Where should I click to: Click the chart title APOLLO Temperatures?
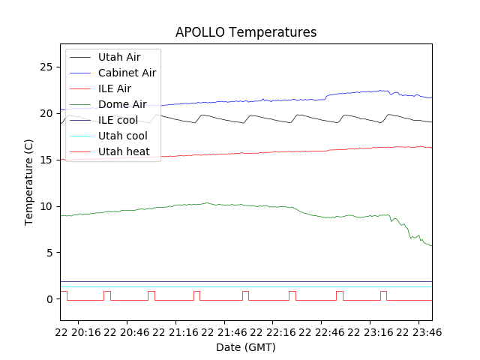pos(246,32)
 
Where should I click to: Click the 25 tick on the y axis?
pos(46,67)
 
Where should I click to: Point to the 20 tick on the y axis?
pos(46,113)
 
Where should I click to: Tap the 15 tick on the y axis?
pos(46,160)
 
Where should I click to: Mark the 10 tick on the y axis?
pos(46,206)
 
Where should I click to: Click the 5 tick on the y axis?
pos(49,253)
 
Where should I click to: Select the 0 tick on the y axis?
pos(49,299)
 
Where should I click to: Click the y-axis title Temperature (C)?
pos(29,182)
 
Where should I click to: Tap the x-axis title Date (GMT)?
pos(246,347)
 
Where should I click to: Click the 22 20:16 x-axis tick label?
pos(82,331)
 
